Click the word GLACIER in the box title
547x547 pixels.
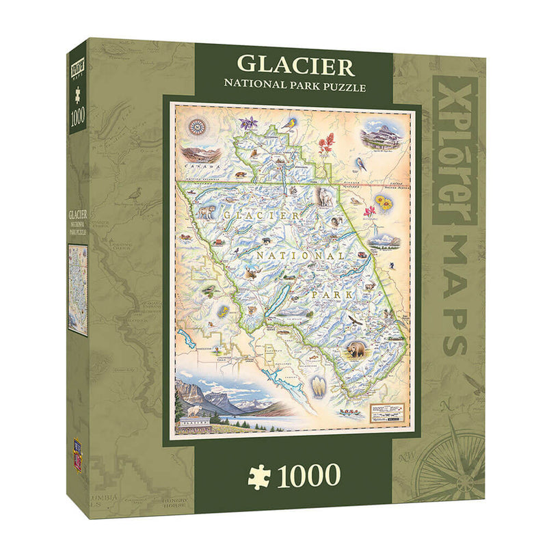click(295, 66)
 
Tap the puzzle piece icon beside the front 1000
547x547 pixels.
click(259, 477)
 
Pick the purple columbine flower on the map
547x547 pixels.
click(250, 124)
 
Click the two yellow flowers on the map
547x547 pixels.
click(383, 202)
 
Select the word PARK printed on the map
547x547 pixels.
click(332, 295)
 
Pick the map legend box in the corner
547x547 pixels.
click(388, 413)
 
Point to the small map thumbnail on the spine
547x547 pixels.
click(77, 289)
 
